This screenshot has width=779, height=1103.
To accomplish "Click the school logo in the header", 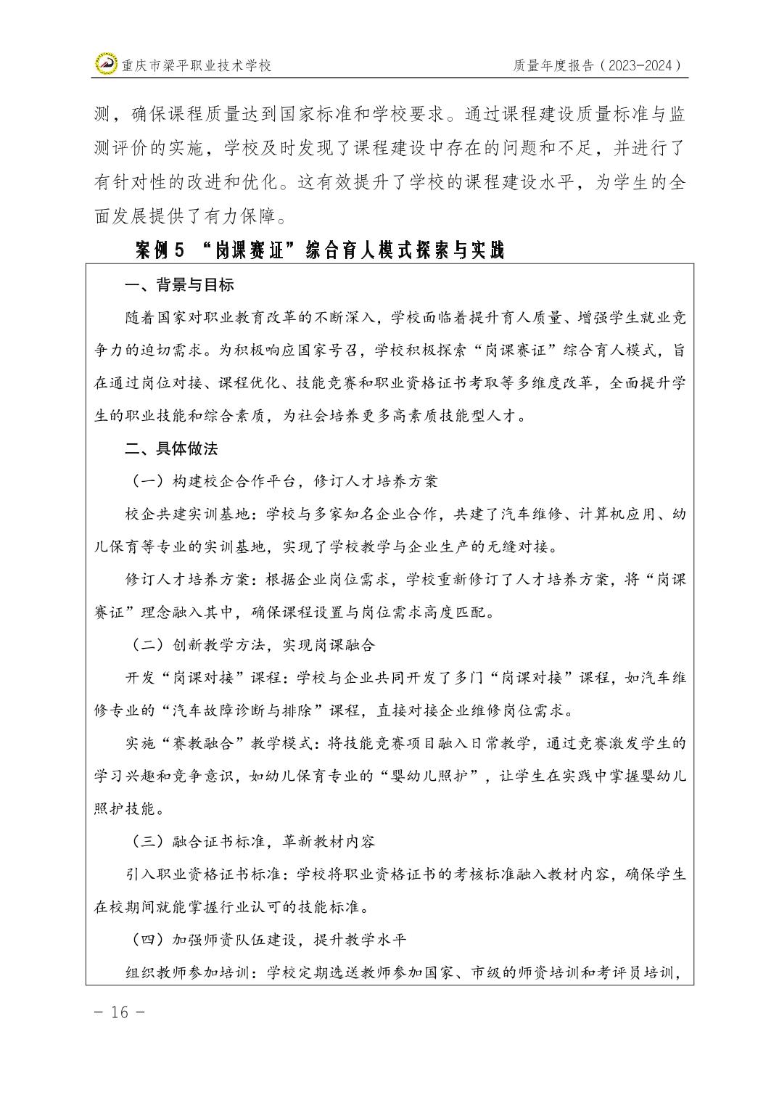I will [107, 65].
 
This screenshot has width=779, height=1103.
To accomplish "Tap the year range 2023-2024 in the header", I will [641, 65].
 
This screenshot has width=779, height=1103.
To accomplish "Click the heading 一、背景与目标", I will [179, 285].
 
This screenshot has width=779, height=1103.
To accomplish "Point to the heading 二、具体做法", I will [171, 448].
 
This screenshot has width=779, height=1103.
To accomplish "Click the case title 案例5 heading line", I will [319, 250].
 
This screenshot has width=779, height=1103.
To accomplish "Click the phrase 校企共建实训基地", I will [187, 514].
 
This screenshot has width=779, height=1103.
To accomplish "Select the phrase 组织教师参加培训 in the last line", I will [187, 972].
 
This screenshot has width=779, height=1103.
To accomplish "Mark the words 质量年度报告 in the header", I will [554, 65].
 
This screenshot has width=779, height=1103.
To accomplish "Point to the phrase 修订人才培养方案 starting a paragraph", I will [187, 580].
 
